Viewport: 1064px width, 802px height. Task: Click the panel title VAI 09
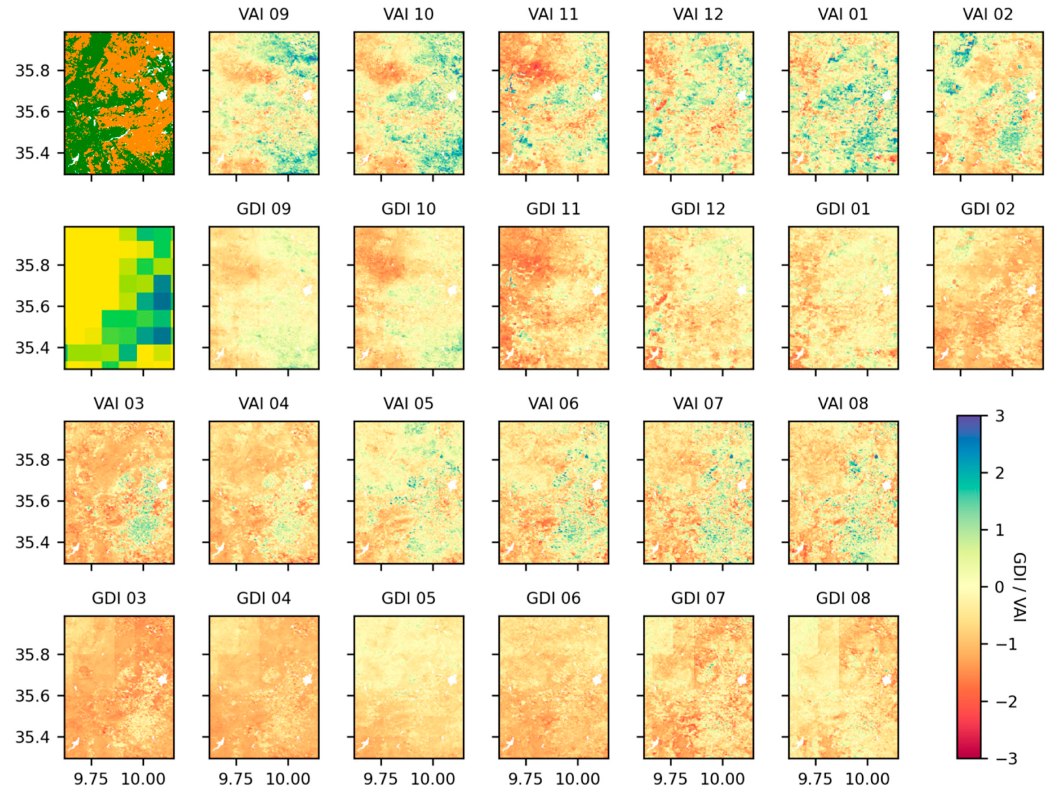click(x=264, y=15)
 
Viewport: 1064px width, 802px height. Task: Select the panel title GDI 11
click(x=553, y=209)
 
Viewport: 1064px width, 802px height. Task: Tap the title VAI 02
click(x=987, y=15)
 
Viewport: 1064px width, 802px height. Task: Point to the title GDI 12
click(x=698, y=209)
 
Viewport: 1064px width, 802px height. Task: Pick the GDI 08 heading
click(x=843, y=598)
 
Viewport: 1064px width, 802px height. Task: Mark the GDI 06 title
click(x=553, y=598)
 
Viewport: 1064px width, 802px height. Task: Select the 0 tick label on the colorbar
click(x=999, y=587)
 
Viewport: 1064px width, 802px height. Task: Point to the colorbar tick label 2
click(x=999, y=473)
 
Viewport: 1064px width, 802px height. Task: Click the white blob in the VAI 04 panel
click(x=308, y=485)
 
